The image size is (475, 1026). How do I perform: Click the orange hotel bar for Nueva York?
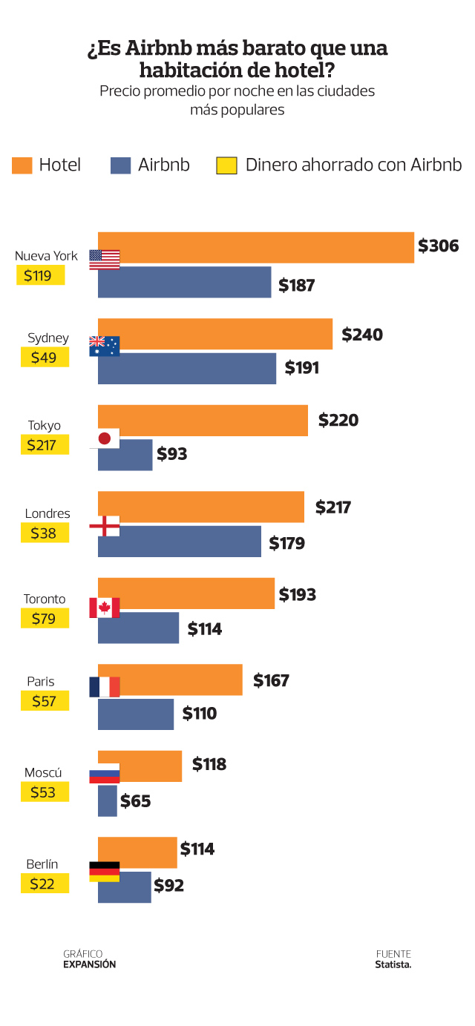256,248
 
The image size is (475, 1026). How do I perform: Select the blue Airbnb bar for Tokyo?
125,455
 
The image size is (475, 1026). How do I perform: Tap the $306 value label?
439,246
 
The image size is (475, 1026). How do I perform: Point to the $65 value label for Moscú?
136,801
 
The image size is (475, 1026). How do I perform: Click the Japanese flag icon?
104,438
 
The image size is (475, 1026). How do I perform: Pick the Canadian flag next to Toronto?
104,608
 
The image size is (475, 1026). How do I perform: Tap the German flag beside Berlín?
104,872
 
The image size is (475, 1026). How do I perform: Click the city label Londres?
47,513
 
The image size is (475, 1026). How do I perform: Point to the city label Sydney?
48,338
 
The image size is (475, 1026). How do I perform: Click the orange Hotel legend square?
22,165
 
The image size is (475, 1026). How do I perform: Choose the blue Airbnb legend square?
121,165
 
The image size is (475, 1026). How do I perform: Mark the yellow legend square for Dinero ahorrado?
226,165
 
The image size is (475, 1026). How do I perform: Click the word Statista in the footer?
393,964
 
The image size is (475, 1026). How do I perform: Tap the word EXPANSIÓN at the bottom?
90,964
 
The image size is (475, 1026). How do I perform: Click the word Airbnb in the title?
159,49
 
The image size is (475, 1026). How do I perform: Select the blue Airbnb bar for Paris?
136,714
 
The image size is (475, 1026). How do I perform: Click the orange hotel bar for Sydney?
215,334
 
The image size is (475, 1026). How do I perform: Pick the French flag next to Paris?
104,687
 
